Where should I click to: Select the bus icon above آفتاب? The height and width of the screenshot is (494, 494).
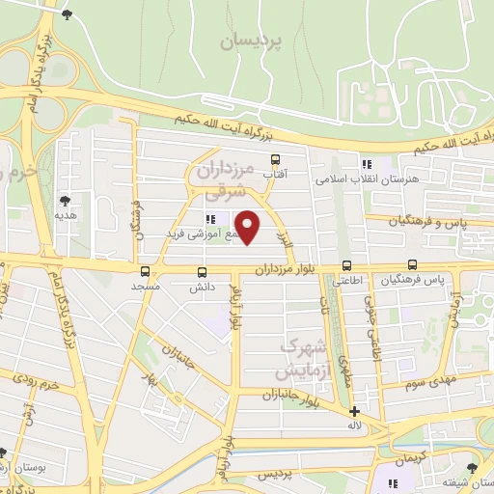[x=276, y=159]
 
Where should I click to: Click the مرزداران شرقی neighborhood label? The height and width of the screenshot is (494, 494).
[x=224, y=180]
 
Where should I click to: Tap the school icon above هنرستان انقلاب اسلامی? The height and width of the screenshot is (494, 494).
[x=366, y=163]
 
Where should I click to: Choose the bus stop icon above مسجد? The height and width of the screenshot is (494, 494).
[x=145, y=271]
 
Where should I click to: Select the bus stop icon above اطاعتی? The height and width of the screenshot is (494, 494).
[x=346, y=265]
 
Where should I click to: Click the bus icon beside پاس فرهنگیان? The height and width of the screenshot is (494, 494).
[x=413, y=264]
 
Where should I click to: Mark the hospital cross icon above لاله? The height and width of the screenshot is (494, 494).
[x=355, y=411]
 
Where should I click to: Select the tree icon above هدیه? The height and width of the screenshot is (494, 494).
[x=66, y=200]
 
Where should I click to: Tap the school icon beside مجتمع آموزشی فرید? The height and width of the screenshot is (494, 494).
[x=210, y=219]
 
